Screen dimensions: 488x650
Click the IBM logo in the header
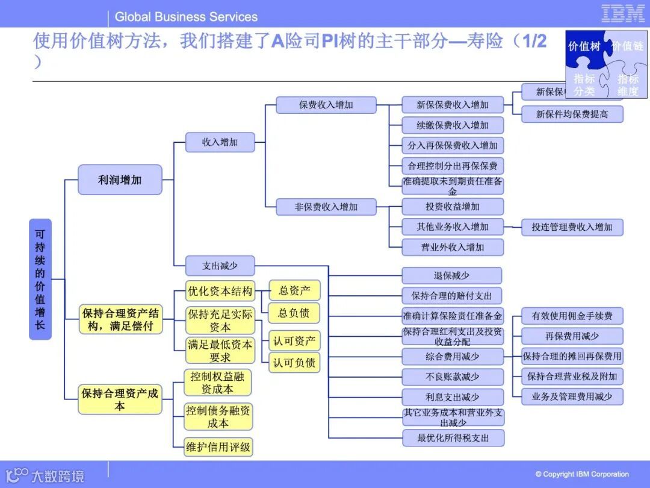[x=622, y=14]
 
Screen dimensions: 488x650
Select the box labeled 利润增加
[x=120, y=180]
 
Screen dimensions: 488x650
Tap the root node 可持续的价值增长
[x=40, y=279]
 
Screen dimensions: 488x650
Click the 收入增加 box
[x=220, y=143]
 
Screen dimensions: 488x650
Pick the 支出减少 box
[x=220, y=266]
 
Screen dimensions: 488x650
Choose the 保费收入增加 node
[x=326, y=105]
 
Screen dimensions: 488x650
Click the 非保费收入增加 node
[x=326, y=207]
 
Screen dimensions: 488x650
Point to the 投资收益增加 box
[x=452, y=207]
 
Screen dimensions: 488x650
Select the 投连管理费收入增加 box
[x=572, y=227]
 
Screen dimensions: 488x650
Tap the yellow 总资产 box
[x=294, y=291]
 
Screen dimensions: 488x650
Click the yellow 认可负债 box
[x=294, y=363]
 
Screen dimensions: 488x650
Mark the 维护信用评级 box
[x=218, y=447]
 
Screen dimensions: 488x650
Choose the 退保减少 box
[x=452, y=276]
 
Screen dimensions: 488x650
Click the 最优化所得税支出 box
[x=453, y=438]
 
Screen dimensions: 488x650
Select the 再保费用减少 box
[x=572, y=336]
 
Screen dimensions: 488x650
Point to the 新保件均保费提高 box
[x=572, y=114]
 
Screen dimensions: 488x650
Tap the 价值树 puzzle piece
[x=584, y=46]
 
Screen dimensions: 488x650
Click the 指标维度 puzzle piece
[x=628, y=85]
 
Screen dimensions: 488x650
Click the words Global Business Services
[x=186, y=17]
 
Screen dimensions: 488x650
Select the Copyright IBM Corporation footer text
[x=582, y=474]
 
